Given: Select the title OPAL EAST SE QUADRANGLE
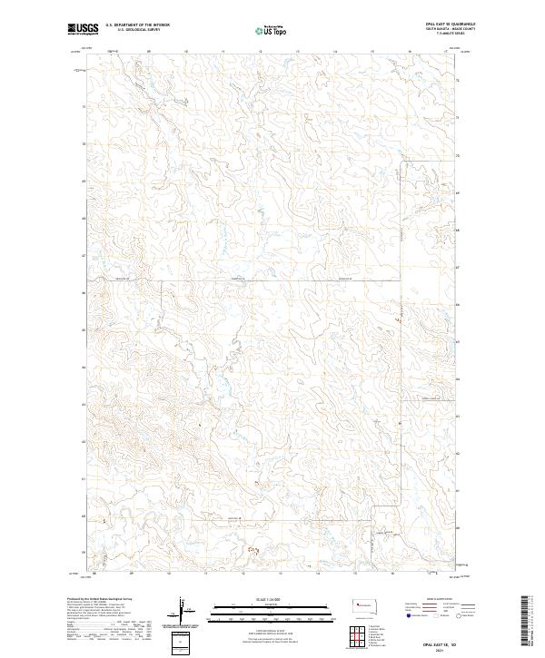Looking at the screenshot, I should (x=448, y=24).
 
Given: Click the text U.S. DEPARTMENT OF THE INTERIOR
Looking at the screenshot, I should (x=137, y=25).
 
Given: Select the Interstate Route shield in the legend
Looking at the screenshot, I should (x=406, y=615).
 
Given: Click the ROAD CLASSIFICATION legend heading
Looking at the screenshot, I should (x=435, y=600).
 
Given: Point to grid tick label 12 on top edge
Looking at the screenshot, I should (x=260, y=52).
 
